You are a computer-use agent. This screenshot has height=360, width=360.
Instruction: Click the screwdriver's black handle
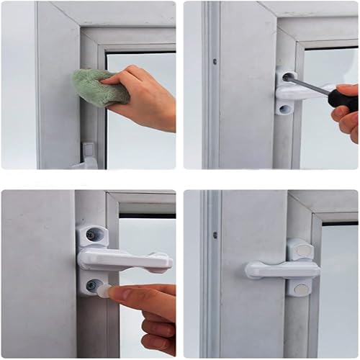[343, 96]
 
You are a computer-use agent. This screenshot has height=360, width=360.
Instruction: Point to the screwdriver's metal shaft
[310, 86]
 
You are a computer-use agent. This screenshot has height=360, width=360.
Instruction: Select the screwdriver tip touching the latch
[289, 76]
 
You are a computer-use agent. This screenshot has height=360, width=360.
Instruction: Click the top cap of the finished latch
[300, 249]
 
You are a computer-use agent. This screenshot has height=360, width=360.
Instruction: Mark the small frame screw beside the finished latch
[214, 234]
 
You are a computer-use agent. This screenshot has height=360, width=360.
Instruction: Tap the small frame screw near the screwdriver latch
[214, 61]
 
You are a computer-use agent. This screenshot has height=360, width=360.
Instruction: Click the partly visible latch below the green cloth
[88, 154]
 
